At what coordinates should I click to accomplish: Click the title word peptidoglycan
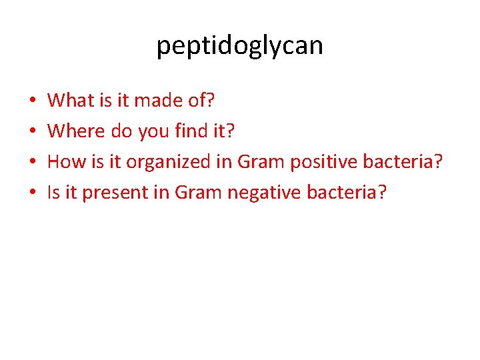239,46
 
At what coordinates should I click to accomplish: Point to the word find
191,131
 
